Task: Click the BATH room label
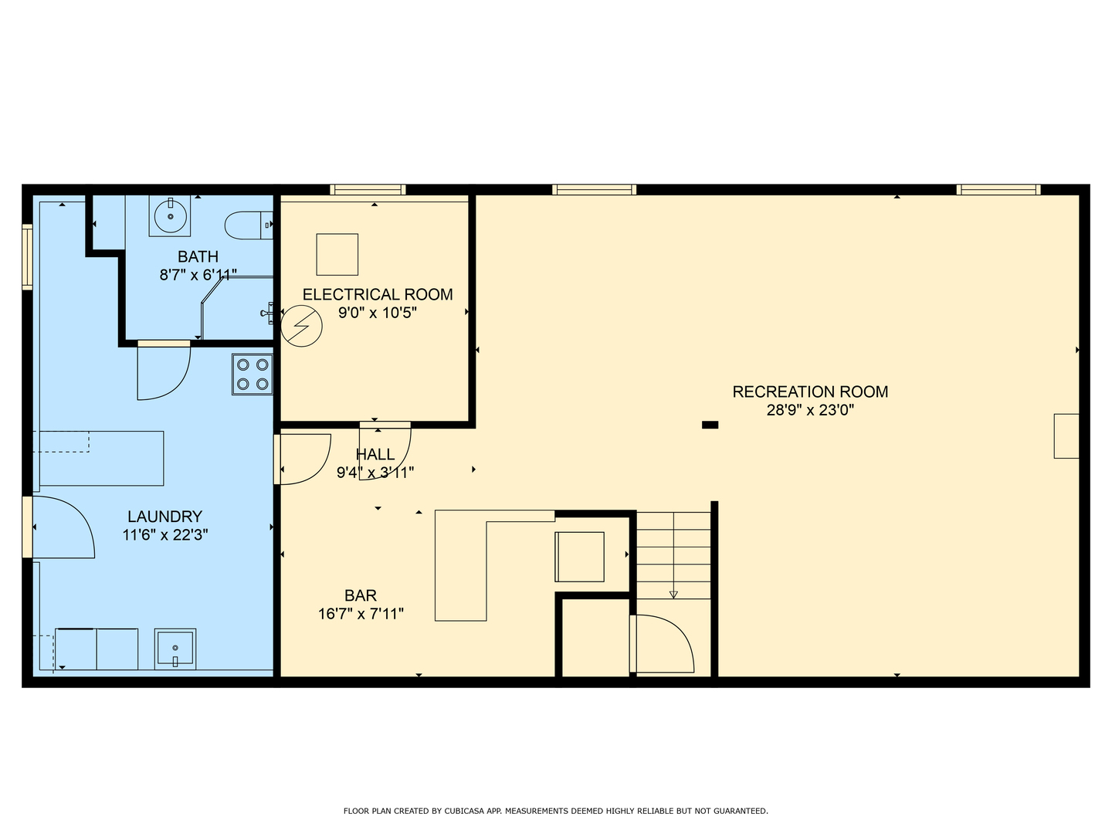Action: point(198,256)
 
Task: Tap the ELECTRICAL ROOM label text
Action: point(378,295)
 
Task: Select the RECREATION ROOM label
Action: point(810,392)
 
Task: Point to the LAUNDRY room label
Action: point(164,517)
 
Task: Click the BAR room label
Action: point(360,595)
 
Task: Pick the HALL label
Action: point(375,454)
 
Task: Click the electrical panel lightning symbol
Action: point(301,326)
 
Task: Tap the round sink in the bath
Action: point(170,216)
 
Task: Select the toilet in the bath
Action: point(248,225)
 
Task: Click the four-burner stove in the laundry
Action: point(253,375)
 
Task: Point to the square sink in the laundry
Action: point(175,649)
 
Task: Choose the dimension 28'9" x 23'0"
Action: point(810,410)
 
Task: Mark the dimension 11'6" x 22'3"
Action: point(165,535)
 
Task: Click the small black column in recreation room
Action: point(710,425)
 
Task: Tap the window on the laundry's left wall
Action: point(27,256)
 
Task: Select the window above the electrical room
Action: point(368,190)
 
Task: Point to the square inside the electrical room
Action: point(337,255)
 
